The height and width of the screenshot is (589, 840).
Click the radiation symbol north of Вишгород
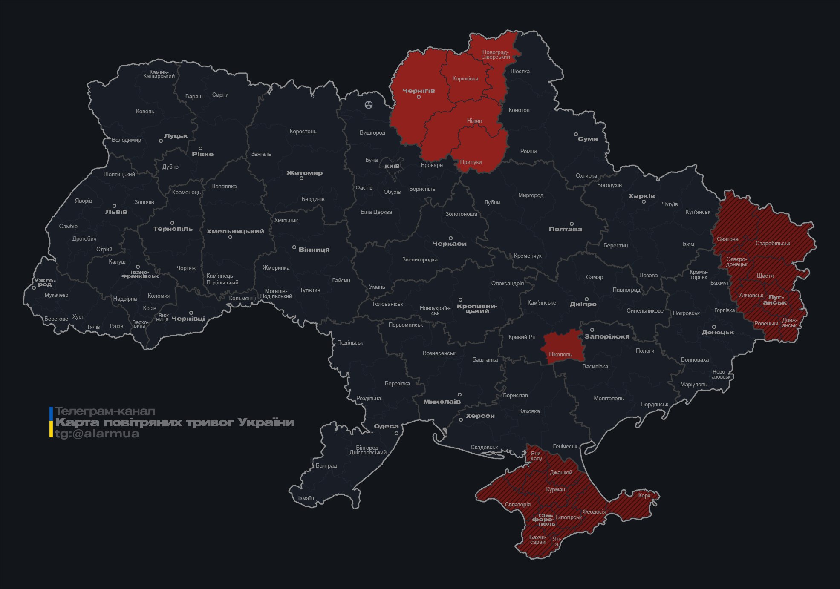(x=369, y=104)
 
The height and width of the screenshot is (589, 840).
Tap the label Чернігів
(x=419, y=91)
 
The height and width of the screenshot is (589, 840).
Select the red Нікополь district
(x=561, y=347)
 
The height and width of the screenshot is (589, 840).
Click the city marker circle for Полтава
(x=572, y=224)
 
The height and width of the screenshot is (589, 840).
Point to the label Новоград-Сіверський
(x=495, y=55)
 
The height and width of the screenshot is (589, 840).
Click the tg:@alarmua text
(x=97, y=434)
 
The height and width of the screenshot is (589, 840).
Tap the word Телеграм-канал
(x=105, y=411)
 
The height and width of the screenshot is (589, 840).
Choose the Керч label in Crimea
(x=644, y=495)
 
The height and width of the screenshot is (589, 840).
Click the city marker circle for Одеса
(x=396, y=433)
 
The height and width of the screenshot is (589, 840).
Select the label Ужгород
(x=45, y=282)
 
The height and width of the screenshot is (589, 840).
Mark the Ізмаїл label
(x=306, y=498)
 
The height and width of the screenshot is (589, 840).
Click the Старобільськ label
(x=773, y=244)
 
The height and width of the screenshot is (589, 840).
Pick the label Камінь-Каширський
(x=159, y=74)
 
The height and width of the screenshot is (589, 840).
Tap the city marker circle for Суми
(x=575, y=134)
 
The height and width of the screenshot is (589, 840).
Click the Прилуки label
(x=471, y=162)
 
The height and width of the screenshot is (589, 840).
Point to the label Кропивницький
(x=477, y=308)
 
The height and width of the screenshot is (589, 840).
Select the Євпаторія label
(x=518, y=505)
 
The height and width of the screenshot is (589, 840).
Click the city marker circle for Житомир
(x=301, y=178)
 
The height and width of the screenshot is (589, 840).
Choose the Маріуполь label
(x=693, y=384)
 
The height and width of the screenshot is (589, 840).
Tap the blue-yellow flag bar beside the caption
(x=51, y=422)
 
